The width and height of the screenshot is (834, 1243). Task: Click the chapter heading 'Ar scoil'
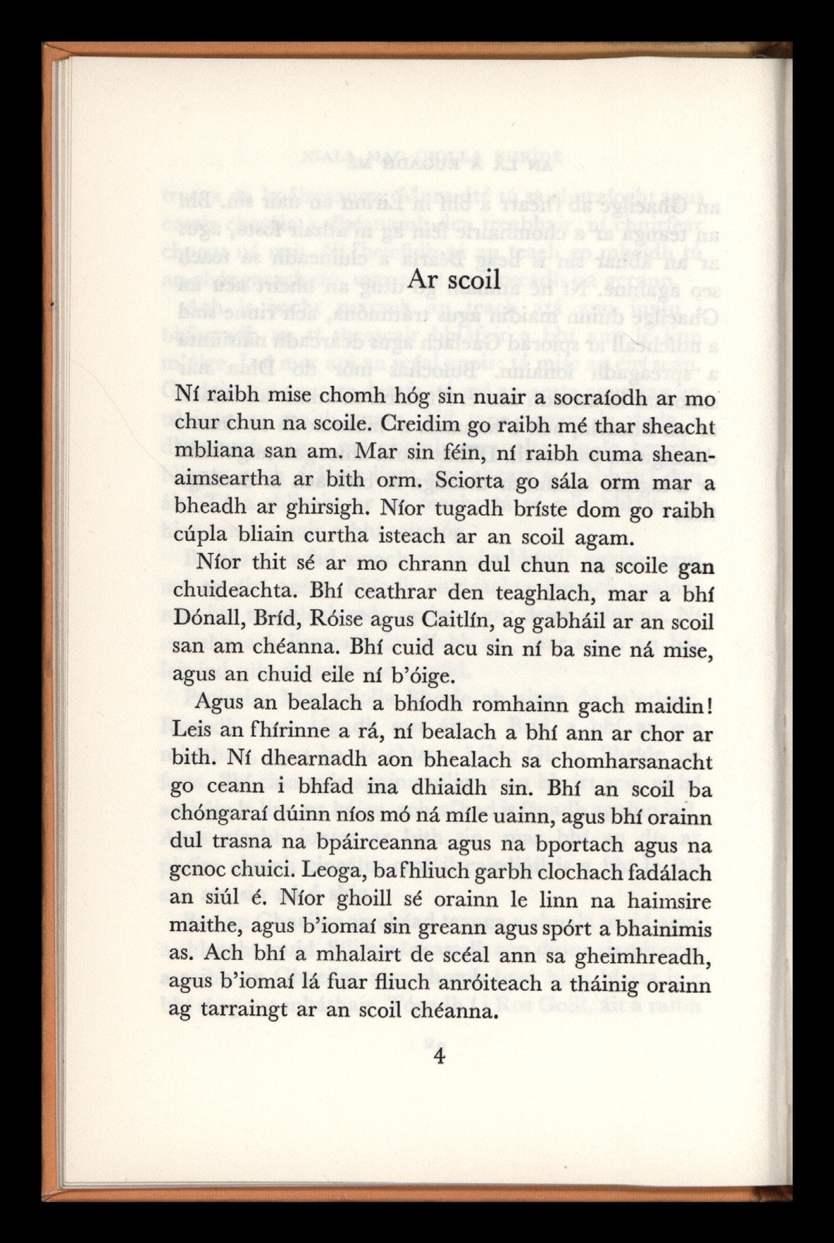pyautogui.click(x=454, y=279)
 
